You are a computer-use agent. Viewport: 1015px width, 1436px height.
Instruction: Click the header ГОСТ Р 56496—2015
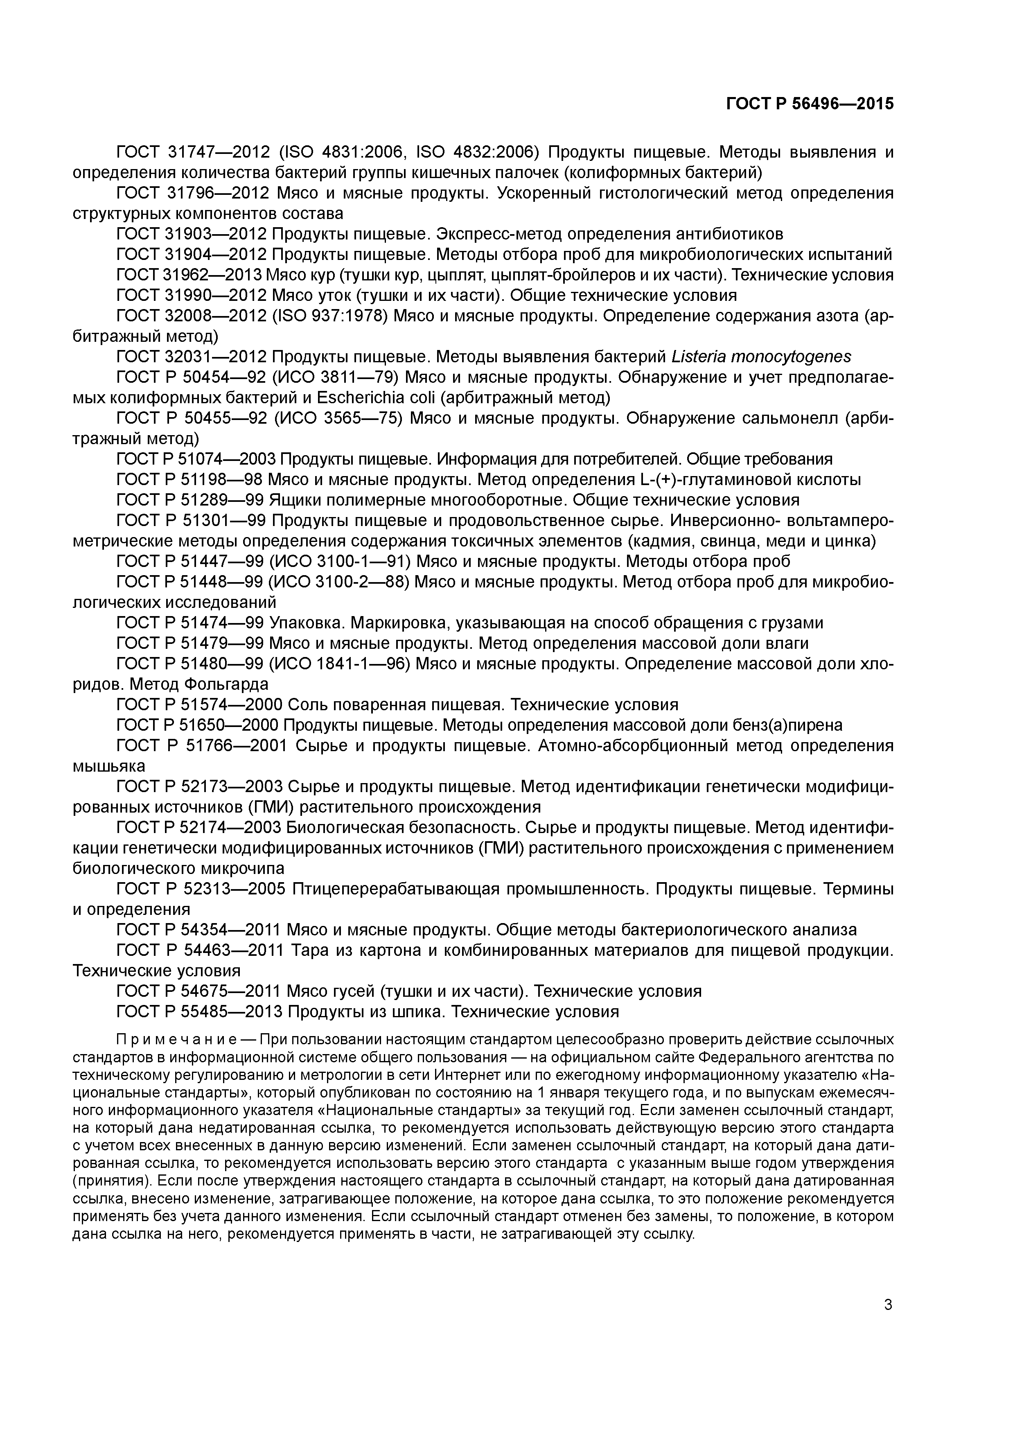pos(809,104)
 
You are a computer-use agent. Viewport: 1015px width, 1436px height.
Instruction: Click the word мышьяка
pos(109,766)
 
